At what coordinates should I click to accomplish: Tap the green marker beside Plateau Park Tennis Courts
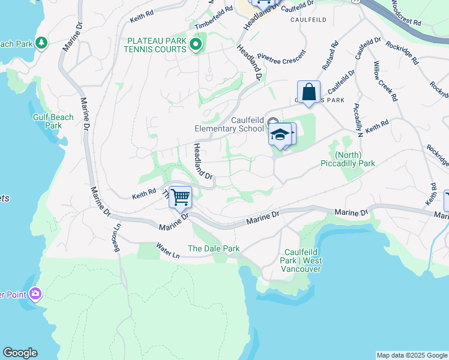click(196, 44)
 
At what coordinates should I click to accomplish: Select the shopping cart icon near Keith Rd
click(180, 197)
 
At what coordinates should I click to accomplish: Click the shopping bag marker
click(309, 93)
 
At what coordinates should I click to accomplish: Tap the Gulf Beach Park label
click(54, 122)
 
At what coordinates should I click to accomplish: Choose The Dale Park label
click(214, 248)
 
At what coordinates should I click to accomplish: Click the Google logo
click(20, 353)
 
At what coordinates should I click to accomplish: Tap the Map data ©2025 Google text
click(411, 355)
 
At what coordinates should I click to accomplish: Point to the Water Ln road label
click(167, 250)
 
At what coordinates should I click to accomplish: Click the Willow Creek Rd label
click(385, 81)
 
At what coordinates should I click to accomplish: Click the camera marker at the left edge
click(35, 293)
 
